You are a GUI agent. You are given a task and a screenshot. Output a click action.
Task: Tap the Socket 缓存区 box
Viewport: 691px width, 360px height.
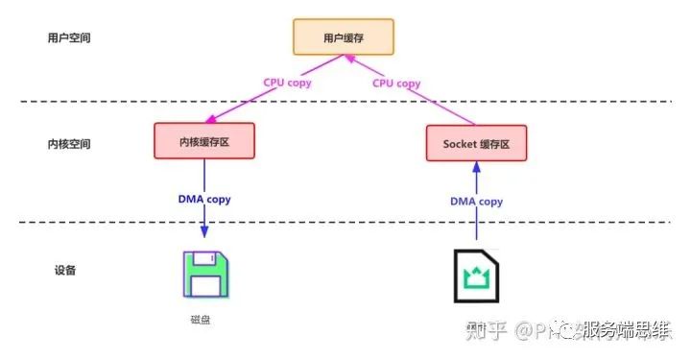tap(476, 143)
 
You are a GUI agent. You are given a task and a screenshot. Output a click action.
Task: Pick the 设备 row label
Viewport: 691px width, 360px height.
tap(65, 271)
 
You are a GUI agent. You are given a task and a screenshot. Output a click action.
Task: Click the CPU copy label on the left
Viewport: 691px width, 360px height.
tap(291, 83)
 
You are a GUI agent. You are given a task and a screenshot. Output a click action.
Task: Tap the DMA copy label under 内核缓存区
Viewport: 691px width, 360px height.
tap(204, 200)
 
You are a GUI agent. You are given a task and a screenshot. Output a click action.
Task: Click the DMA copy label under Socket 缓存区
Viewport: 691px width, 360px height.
tap(477, 202)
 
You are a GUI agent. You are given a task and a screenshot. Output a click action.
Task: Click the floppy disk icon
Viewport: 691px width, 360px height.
tap(204, 276)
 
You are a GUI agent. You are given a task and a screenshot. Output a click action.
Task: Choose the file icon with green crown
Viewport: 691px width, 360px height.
tap(476, 277)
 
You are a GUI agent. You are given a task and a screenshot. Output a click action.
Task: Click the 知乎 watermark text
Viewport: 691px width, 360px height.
tap(485, 331)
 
